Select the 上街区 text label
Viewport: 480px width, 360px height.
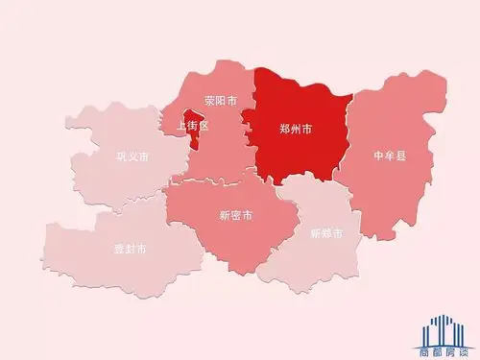(x=190, y=126)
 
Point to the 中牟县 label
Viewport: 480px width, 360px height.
(x=390, y=155)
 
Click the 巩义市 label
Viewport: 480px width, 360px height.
(x=132, y=156)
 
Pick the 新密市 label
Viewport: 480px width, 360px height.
(x=236, y=215)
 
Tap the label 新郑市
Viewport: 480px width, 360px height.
(x=326, y=233)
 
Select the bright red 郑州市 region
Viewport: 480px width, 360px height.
(x=298, y=154)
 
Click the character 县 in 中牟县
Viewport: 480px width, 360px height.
(x=401, y=155)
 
